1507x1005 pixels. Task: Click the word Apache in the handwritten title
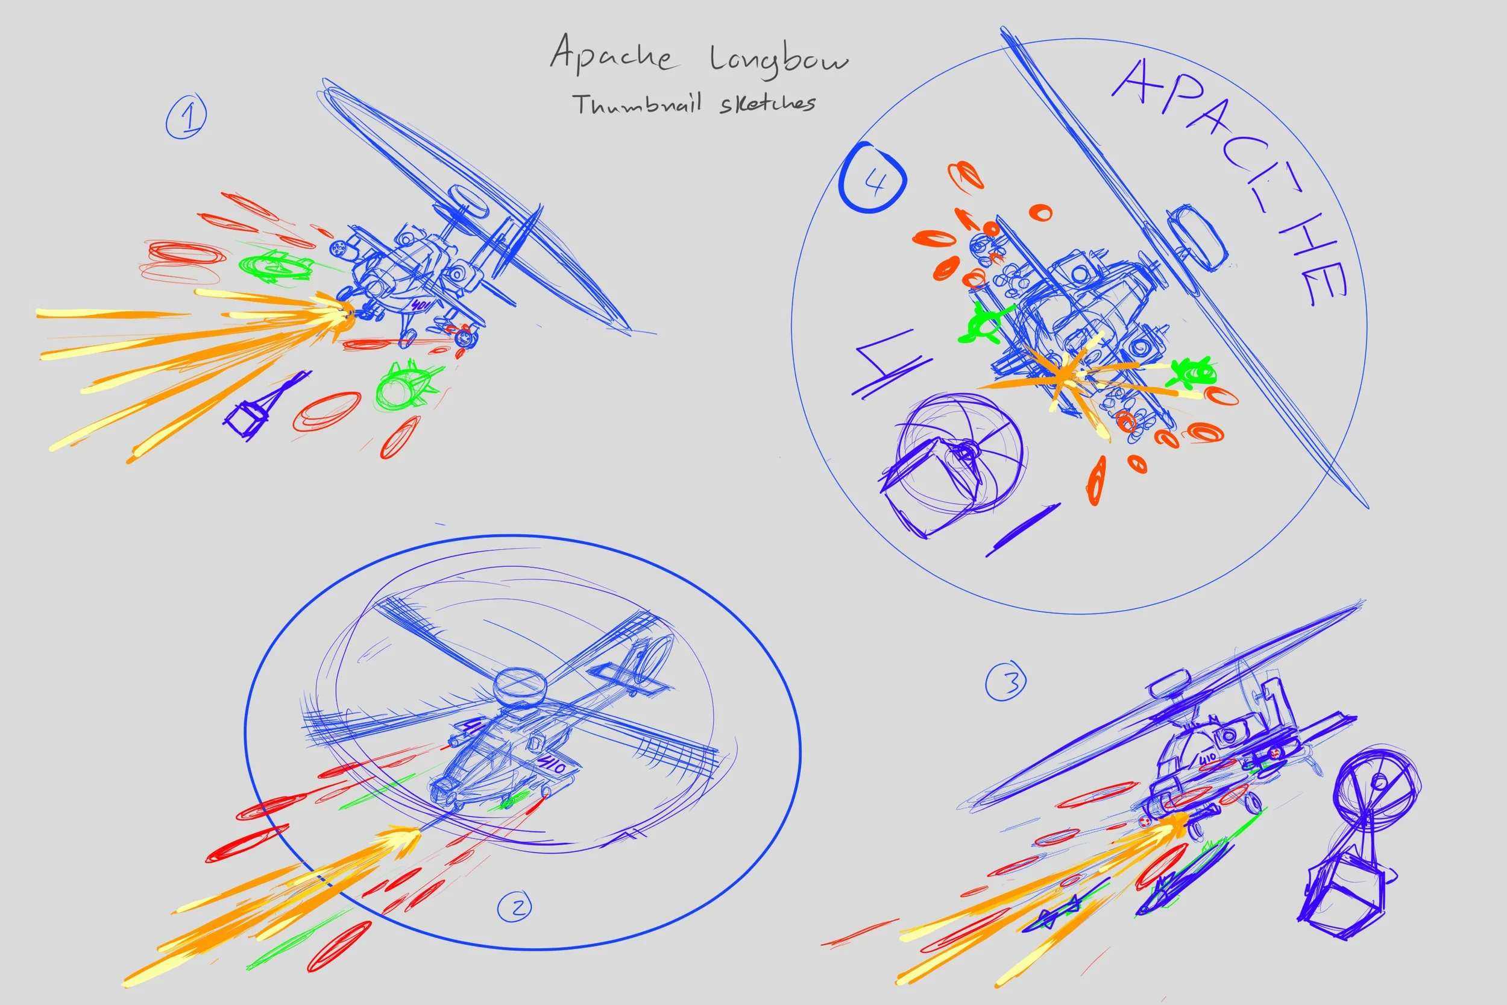tap(611, 54)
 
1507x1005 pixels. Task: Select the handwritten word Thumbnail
tap(638, 104)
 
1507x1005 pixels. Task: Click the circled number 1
tap(186, 116)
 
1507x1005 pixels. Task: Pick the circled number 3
tap(1005, 682)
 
